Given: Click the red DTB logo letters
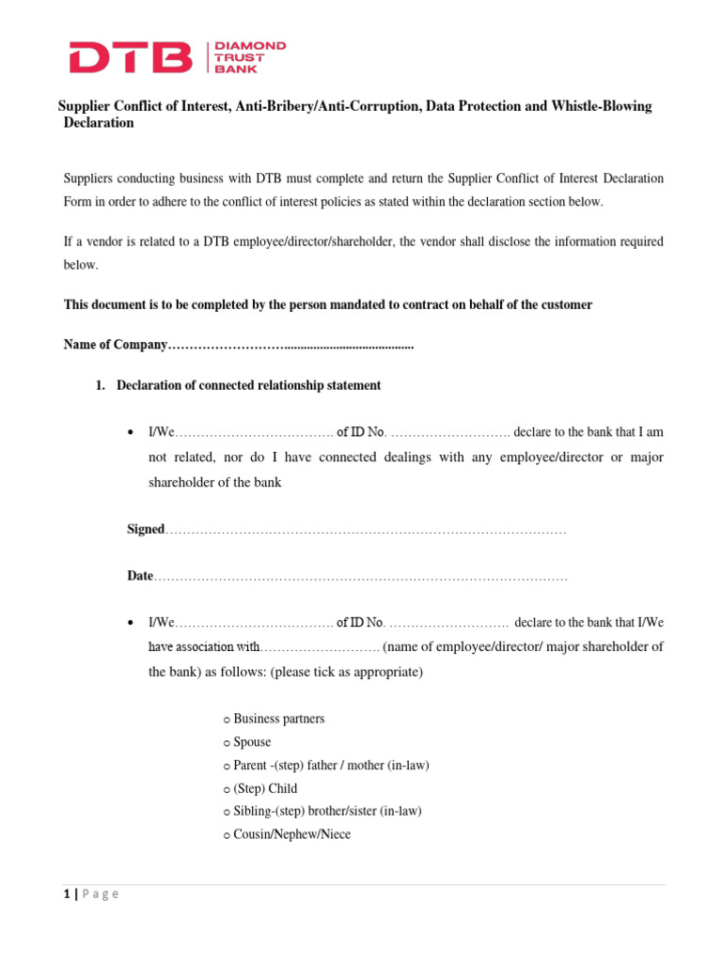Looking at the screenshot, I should tap(131, 57).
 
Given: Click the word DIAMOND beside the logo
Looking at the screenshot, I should tap(250, 45).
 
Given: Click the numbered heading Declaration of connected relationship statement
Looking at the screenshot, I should tap(248, 385).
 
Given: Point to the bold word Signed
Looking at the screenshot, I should tap(146, 530).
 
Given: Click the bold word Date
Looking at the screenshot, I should tap(140, 576).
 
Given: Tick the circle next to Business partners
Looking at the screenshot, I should tap(228, 721).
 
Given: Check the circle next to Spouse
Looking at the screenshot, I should tap(228, 743).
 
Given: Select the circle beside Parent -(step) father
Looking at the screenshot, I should tap(228, 767).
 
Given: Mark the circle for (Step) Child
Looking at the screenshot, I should tap(228, 790).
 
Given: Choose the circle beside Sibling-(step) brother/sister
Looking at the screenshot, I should tap(228, 813).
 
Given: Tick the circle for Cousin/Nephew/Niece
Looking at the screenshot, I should tap(228, 835).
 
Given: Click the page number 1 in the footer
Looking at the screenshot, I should tap(66, 893).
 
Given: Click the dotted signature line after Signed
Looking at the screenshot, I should tap(367, 531).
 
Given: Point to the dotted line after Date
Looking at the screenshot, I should tap(361, 577).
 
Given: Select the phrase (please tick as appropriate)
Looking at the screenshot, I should tap(347, 673).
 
